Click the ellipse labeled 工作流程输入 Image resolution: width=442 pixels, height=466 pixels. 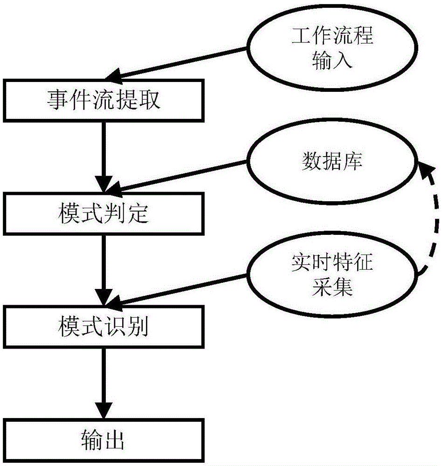332,48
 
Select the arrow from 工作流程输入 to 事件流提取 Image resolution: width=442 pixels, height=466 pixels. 182,63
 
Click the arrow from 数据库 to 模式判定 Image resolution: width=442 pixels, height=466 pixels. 182,176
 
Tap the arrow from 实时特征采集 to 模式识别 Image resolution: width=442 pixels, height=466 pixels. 182,289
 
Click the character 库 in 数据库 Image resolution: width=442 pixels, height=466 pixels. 352,162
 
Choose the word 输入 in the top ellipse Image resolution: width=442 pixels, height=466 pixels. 332,60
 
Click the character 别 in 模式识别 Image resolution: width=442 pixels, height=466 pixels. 138,327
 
